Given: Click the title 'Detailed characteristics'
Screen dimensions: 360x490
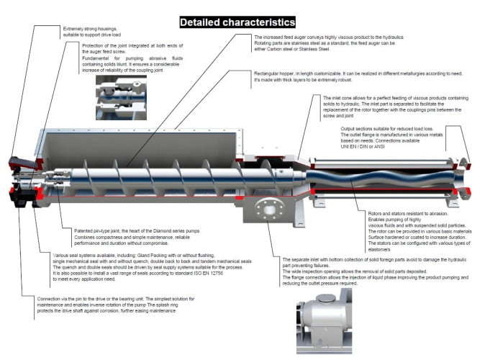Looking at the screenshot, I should [x=238, y=22].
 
